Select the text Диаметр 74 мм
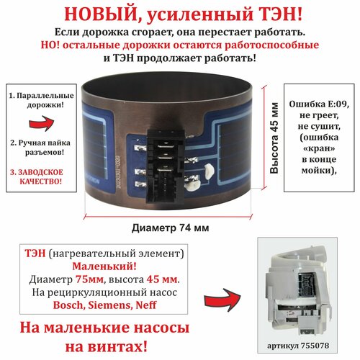point(172,228)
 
